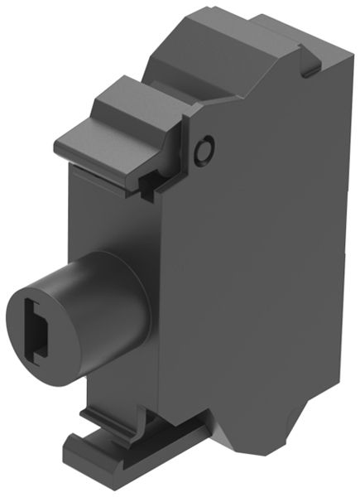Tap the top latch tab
tap(116, 124)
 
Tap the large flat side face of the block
tap(265, 248)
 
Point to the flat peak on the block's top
tap(248, 25)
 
